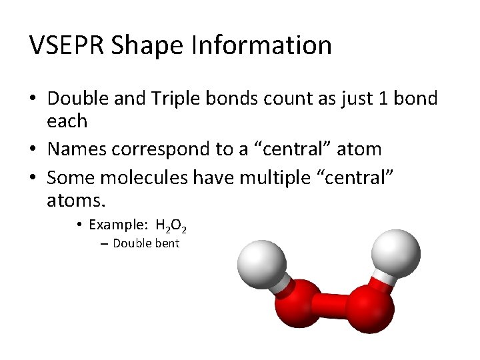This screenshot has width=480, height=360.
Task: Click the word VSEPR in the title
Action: (x=67, y=45)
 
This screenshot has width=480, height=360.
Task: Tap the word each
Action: (x=67, y=121)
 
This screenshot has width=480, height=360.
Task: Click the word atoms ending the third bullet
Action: (x=75, y=199)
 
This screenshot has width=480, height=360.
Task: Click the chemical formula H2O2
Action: (x=175, y=225)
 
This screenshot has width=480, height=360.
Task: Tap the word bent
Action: (x=167, y=243)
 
